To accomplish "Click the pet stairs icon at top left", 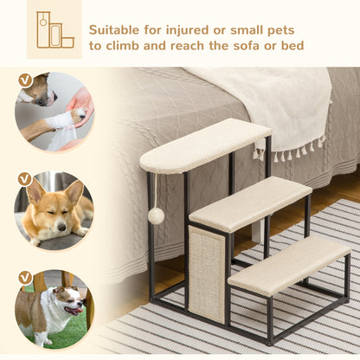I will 54,29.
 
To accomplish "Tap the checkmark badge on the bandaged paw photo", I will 24,80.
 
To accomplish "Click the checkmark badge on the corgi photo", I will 24,179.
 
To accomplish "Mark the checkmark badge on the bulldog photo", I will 24,277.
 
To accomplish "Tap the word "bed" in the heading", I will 293,45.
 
